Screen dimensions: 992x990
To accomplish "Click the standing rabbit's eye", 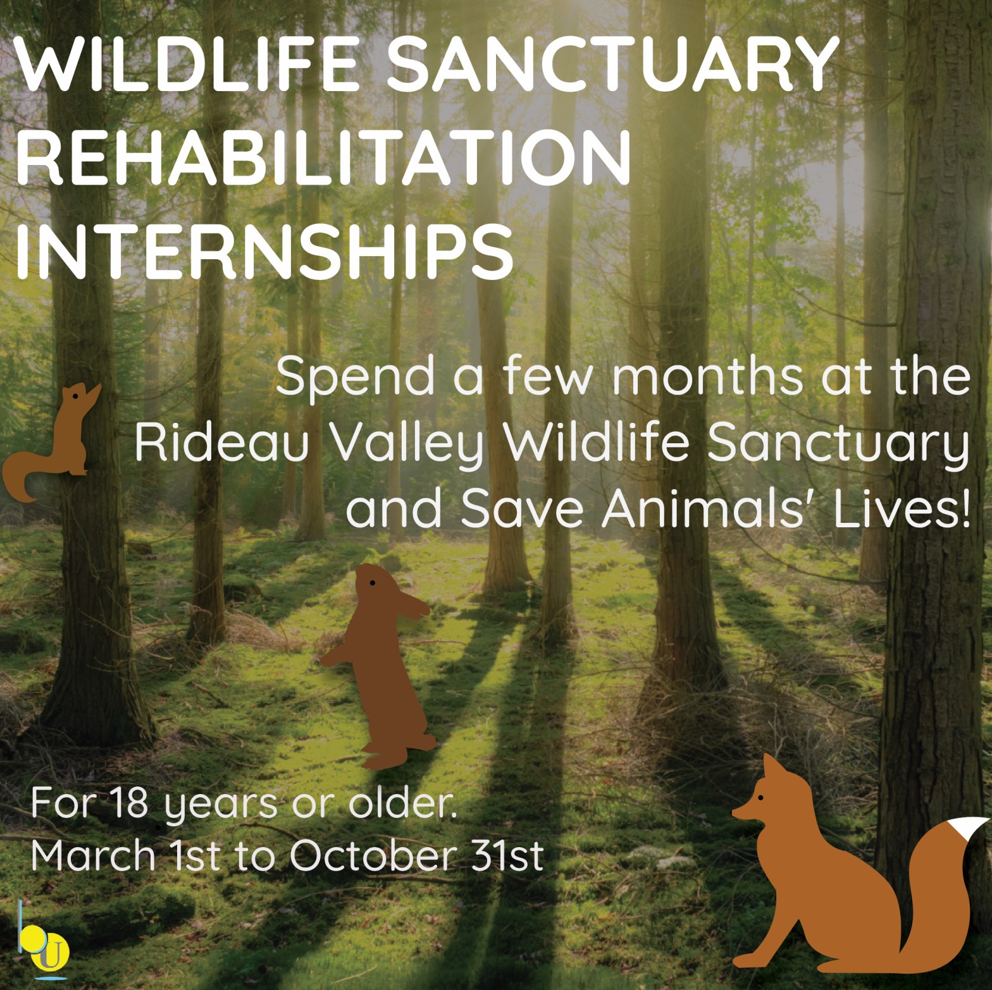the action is click(x=372, y=582).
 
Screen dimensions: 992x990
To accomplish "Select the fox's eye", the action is click(x=760, y=798).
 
